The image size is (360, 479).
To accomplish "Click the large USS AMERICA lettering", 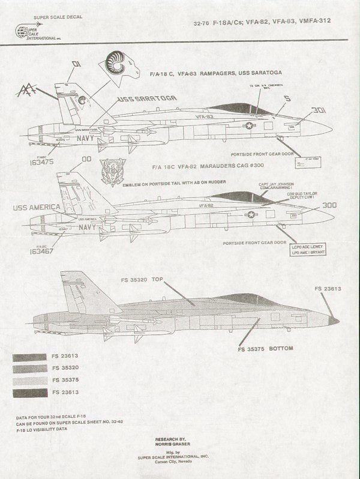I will [36, 207].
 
